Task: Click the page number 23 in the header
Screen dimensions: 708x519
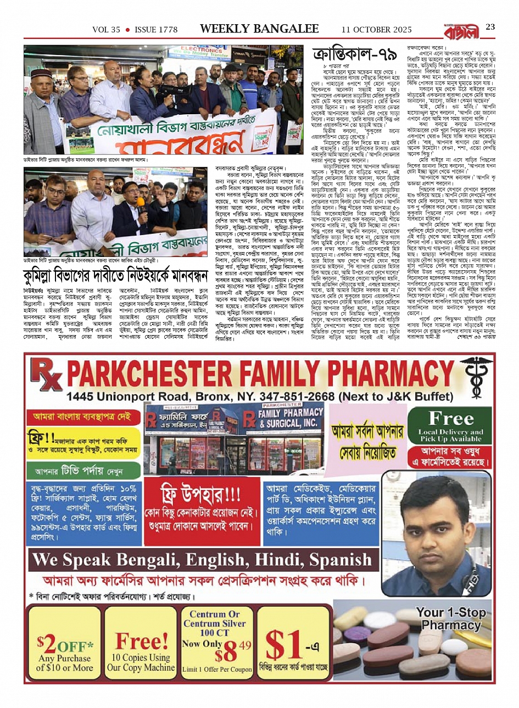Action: pyautogui.click(x=490, y=27)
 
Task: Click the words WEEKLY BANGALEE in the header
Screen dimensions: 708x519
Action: pyautogui.click(x=259, y=29)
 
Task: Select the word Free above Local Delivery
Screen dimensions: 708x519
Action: pyautogui.click(x=451, y=419)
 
